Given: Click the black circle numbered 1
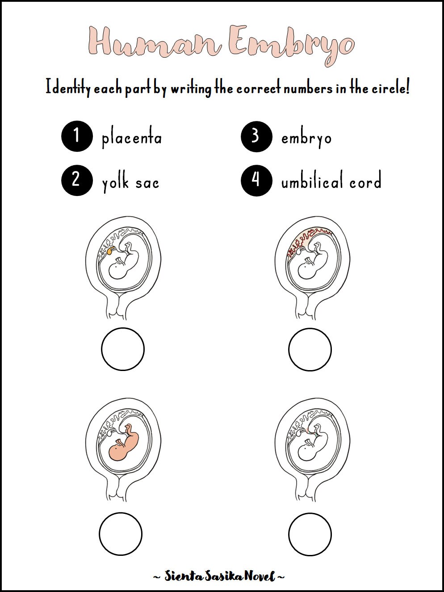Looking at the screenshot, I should point(77,136).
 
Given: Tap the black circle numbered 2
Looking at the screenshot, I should point(77,180).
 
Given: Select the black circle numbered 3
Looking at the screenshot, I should point(256,136).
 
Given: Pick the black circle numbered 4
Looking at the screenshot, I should point(256,180).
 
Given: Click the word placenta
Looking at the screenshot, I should point(131,138).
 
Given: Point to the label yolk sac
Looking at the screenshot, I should point(130,182).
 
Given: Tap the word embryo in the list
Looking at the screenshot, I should point(306,138).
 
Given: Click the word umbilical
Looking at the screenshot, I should point(312,181).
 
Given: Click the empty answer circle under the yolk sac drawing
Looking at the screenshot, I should point(122,349).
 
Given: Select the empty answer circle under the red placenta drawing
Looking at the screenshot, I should point(310,349).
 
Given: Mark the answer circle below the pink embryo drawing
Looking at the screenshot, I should point(121,534).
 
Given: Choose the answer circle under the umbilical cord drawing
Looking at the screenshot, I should point(310,534).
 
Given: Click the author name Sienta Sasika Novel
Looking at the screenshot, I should point(219,576).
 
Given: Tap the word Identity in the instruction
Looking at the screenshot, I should point(67,88).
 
